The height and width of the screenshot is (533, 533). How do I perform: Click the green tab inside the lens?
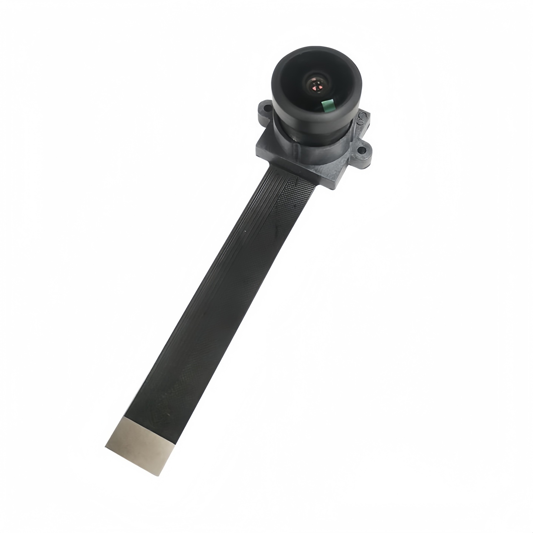click(328, 105)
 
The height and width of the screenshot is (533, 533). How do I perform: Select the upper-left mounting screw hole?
click(266, 108)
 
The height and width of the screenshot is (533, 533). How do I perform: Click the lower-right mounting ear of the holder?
click(362, 151)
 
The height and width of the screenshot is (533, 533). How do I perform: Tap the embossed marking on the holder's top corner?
click(361, 117)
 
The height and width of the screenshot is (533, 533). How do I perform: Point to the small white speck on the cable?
click(245, 232)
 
